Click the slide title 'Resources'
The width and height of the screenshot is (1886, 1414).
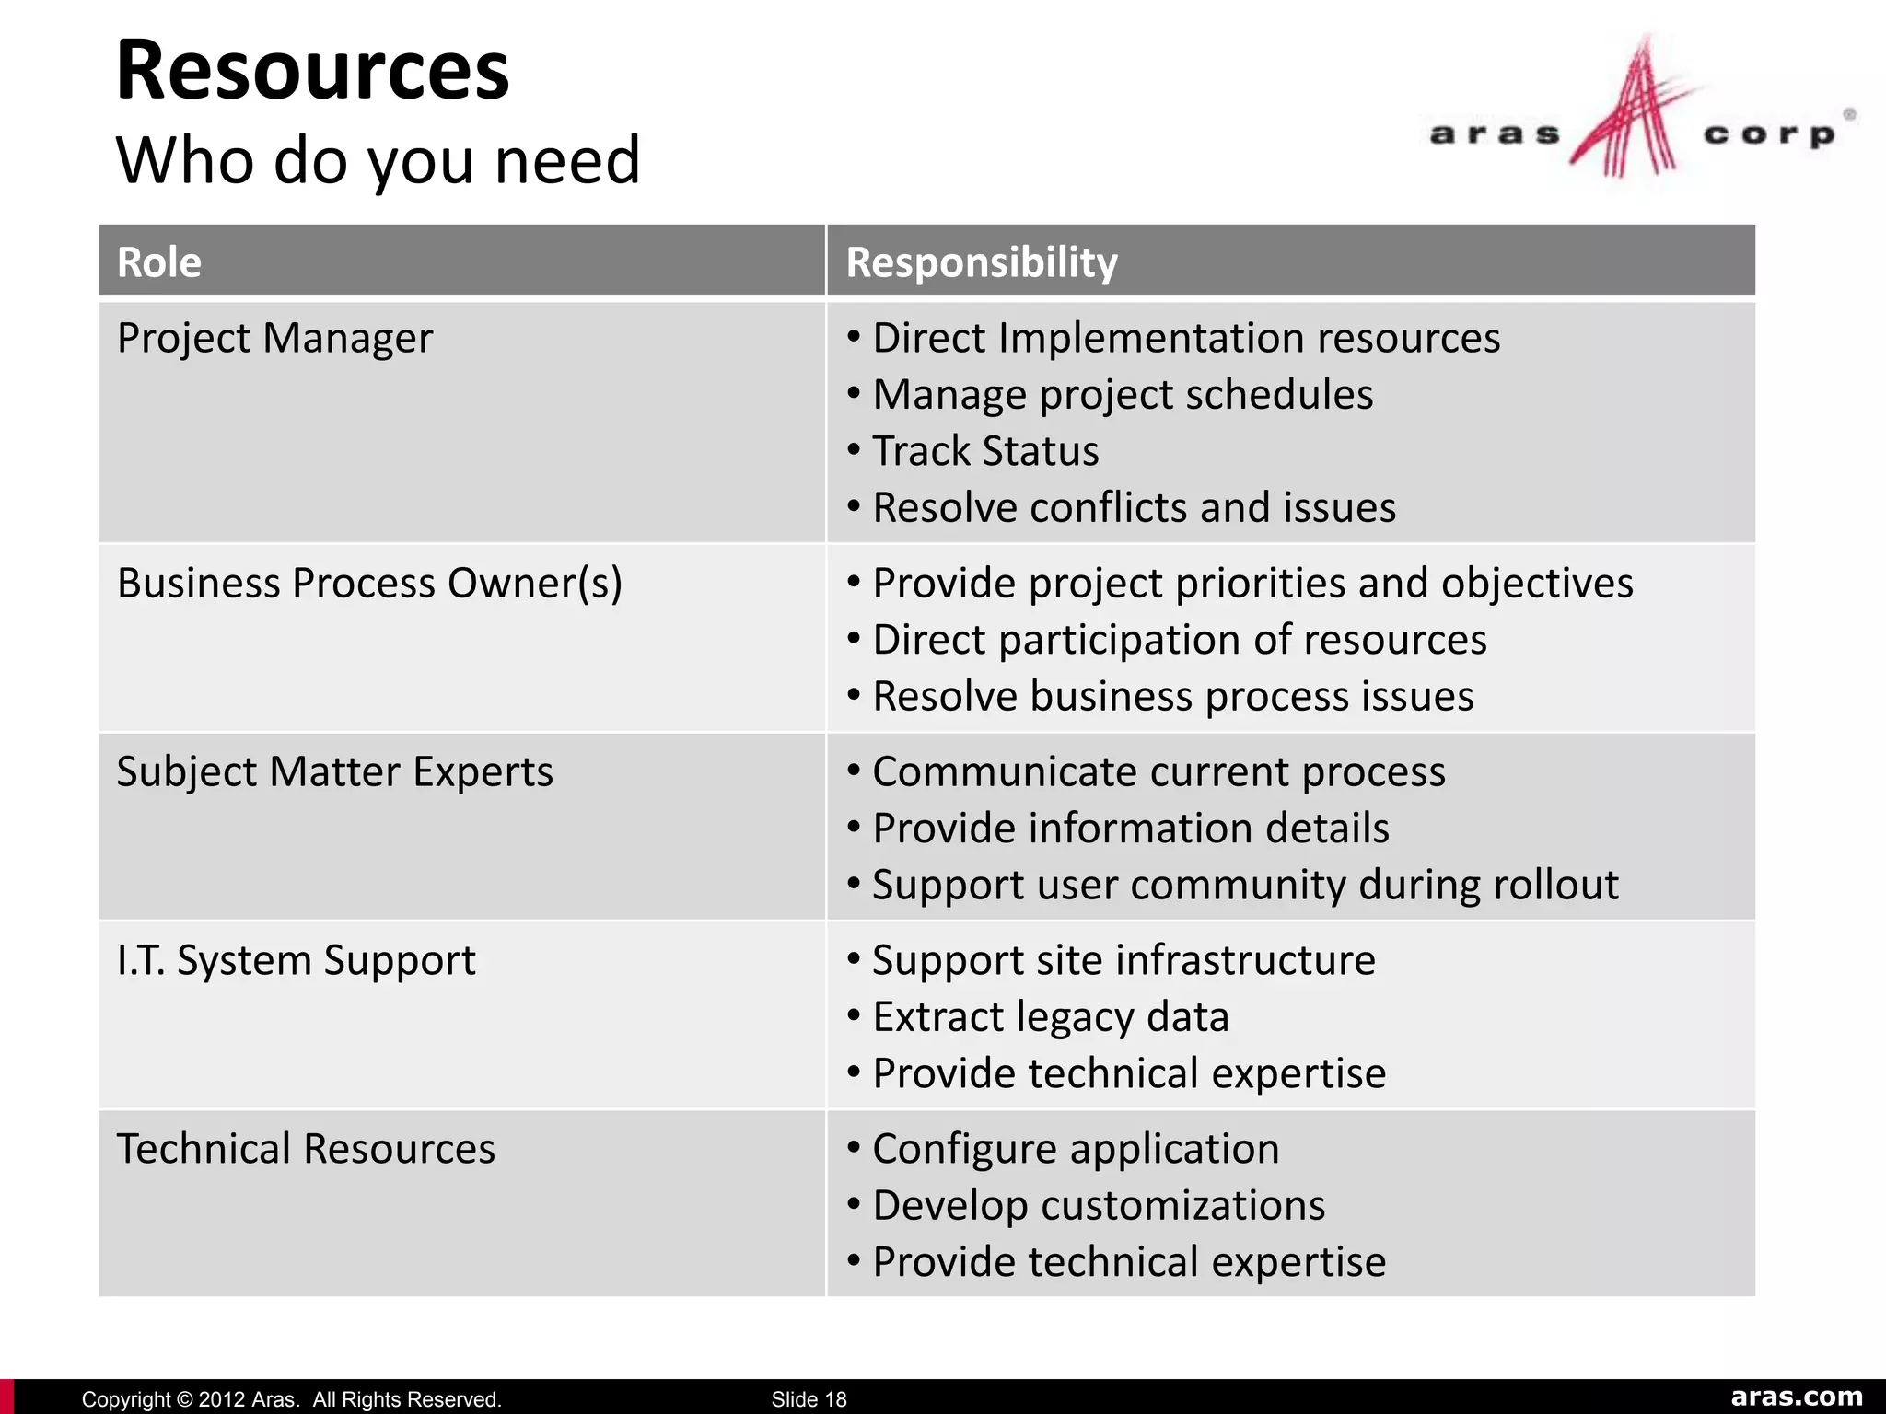click(x=312, y=71)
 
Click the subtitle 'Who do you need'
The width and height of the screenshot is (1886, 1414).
click(x=378, y=160)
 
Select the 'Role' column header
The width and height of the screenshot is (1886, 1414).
click(x=159, y=262)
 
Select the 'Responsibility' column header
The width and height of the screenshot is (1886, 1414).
click(x=982, y=262)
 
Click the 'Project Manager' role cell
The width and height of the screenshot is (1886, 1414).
click(x=274, y=338)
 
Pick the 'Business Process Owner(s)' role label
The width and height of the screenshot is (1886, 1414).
click(x=369, y=584)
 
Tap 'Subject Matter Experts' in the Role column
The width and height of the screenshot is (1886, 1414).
click(x=335, y=771)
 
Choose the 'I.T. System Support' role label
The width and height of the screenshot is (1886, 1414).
click(x=296, y=960)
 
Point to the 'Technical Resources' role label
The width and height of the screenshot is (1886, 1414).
click(x=306, y=1149)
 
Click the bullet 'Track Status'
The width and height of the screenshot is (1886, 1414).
click(x=985, y=451)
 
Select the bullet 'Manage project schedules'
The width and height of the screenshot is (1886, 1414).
click(x=1123, y=395)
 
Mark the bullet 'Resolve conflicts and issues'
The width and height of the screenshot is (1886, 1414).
click(x=1134, y=508)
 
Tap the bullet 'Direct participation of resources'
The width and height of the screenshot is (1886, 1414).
click(x=1179, y=640)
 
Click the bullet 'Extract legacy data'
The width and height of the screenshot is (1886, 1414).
click(x=1051, y=1017)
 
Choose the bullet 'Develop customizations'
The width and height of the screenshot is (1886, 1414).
click(x=1099, y=1206)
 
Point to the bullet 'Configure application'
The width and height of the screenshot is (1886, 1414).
click(x=1076, y=1149)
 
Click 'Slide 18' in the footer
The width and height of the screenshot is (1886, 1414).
click(x=809, y=1399)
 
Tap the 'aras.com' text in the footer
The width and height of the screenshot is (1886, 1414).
click(x=1797, y=1397)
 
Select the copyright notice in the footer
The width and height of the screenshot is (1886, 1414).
click(x=291, y=1399)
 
